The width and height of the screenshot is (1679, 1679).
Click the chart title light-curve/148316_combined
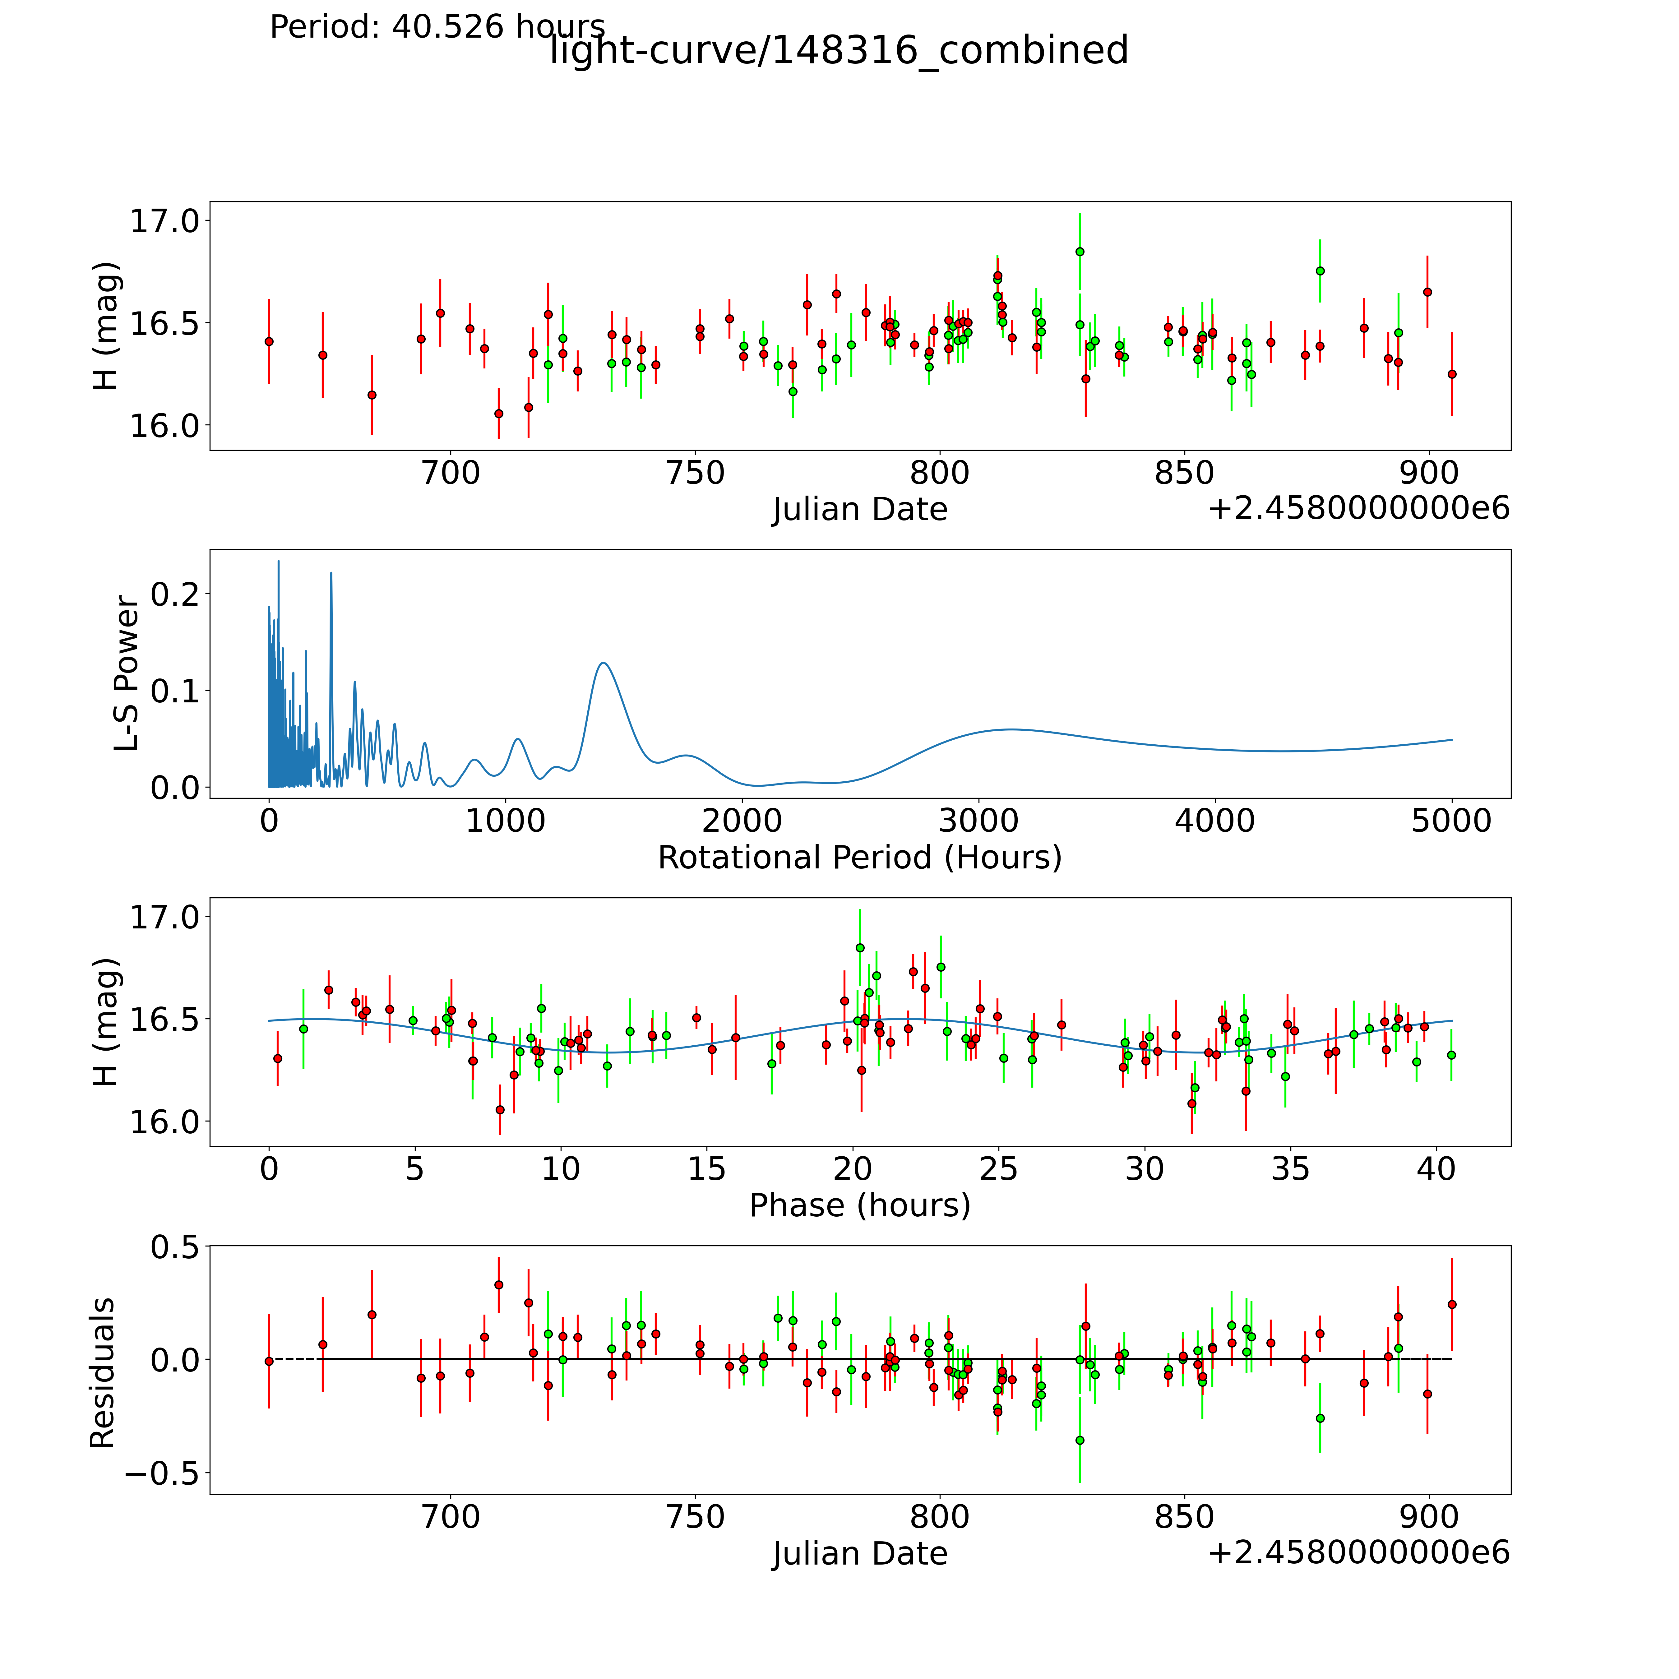(x=839, y=50)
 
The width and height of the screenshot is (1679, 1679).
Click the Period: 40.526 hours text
(x=437, y=27)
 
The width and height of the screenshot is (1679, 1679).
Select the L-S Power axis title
(x=127, y=673)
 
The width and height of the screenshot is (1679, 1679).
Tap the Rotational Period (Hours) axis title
(x=859, y=858)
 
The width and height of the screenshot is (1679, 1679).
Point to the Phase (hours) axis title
(x=859, y=1205)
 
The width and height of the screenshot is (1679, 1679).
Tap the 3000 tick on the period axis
(x=978, y=821)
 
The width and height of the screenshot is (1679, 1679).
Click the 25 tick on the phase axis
(x=998, y=1169)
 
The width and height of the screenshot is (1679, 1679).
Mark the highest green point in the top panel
(x=1079, y=252)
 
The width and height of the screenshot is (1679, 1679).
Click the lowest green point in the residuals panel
(x=1079, y=1440)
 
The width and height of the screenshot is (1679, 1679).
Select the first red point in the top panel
(x=269, y=341)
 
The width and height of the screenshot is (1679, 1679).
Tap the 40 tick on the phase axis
(x=1436, y=1169)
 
